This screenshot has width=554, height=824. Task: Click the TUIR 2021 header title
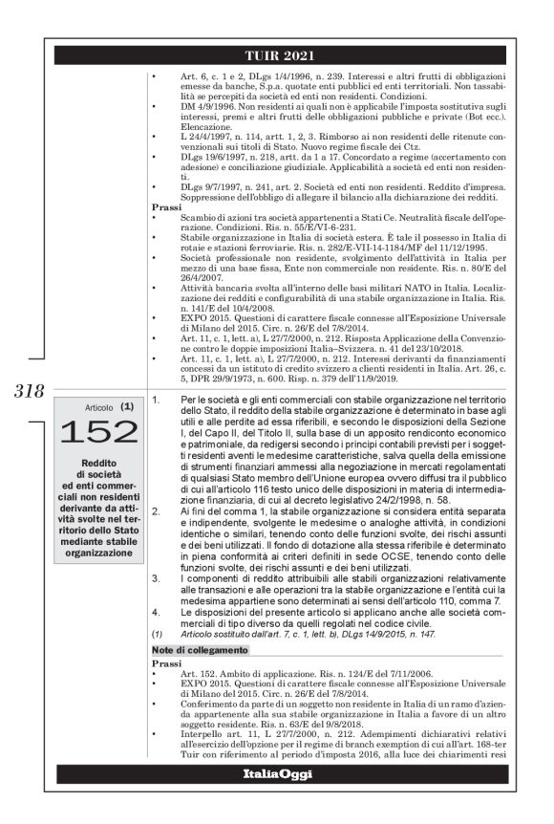pyautogui.click(x=278, y=54)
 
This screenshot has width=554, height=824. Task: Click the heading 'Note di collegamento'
pyautogui.click(x=198, y=650)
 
